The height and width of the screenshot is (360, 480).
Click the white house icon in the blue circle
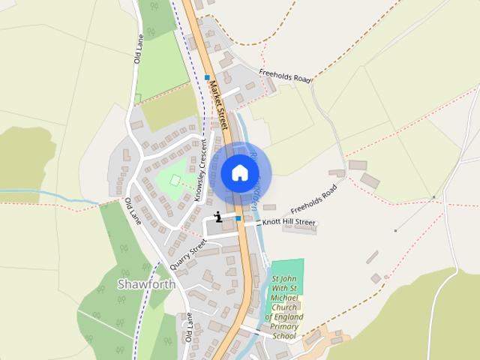239,172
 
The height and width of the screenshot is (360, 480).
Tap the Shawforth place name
146,284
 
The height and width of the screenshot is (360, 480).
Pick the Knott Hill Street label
288,223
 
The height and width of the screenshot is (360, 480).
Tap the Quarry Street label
187,254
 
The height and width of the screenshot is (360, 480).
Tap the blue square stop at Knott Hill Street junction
238,218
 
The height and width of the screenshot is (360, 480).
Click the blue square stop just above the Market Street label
206,76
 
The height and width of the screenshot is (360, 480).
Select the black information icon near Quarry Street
218,217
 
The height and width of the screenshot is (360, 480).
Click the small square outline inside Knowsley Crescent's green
175,180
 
